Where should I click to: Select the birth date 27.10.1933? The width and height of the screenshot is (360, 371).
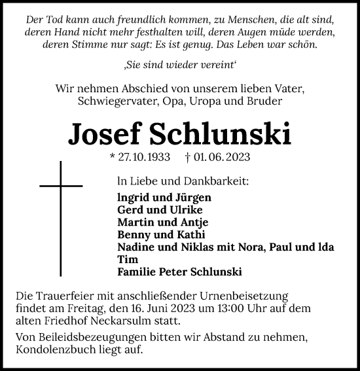coord(143,157)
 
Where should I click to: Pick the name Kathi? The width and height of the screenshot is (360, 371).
coord(190,234)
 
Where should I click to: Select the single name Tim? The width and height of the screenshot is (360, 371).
coord(126,259)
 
